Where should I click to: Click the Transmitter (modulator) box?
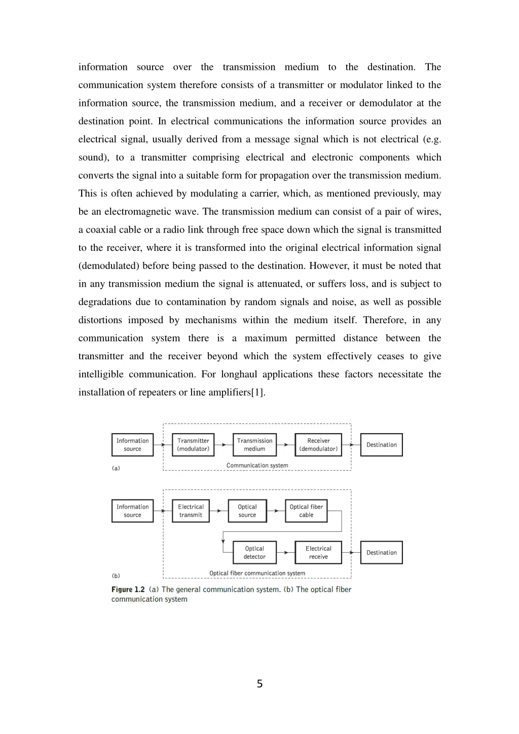point(193,445)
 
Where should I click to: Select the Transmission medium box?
point(254,445)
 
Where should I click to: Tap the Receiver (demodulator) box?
point(318,445)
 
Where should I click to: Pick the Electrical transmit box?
point(191,511)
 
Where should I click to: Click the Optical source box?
point(247,511)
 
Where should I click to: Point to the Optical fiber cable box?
point(306,511)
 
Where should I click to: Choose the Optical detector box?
point(254,553)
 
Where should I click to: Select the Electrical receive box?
point(318,553)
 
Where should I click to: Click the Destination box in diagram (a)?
point(382,445)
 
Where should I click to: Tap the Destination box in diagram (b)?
point(382,553)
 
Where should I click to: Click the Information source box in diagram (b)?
point(132,511)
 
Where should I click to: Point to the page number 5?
point(259,684)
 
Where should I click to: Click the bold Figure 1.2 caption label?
point(128,590)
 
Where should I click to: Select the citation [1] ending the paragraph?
point(257,393)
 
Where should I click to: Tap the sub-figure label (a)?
point(116,469)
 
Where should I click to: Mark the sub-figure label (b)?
point(116,576)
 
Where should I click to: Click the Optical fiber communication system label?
point(257,573)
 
